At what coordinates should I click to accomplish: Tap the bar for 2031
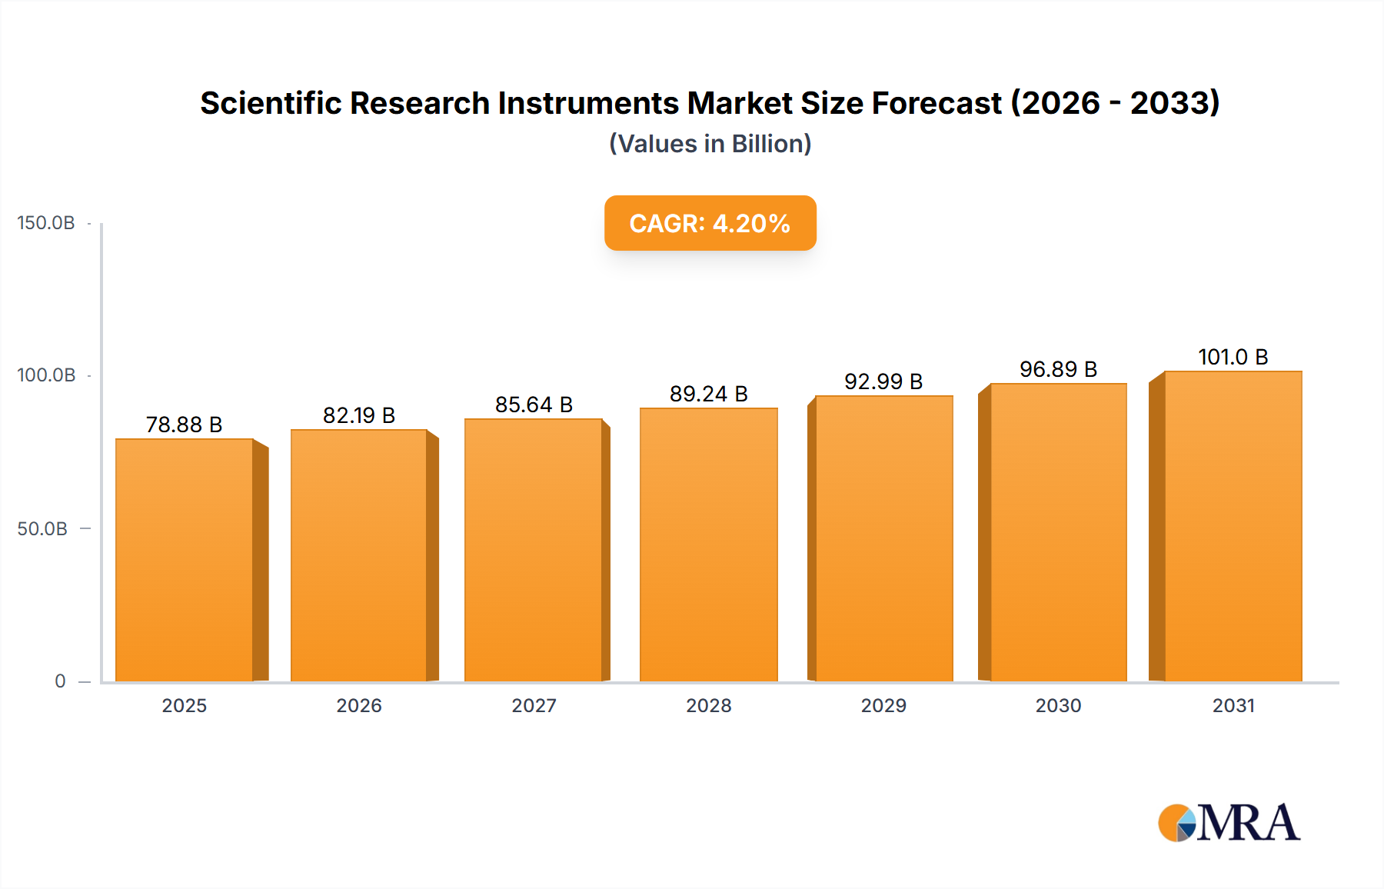(1233, 526)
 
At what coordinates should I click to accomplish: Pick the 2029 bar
(883, 538)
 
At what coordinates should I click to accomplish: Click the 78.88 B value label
(184, 425)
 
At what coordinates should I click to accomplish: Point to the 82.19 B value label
(359, 415)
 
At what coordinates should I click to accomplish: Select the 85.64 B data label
(534, 405)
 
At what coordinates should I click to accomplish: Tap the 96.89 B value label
(1058, 369)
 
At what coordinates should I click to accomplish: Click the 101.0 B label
(1233, 357)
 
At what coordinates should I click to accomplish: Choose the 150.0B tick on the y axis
(46, 223)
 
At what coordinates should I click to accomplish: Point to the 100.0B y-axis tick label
(46, 375)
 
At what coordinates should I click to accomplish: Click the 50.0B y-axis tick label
(42, 528)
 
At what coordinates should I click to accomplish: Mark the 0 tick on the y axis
(60, 681)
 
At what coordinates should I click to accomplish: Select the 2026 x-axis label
(359, 705)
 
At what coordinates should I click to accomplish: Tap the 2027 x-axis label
(534, 705)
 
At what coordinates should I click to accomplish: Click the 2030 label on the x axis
(1058, 705)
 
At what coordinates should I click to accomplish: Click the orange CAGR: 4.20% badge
(710, 223)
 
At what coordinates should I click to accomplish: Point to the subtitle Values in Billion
(710, 144)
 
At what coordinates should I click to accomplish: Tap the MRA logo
(1229, 823)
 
